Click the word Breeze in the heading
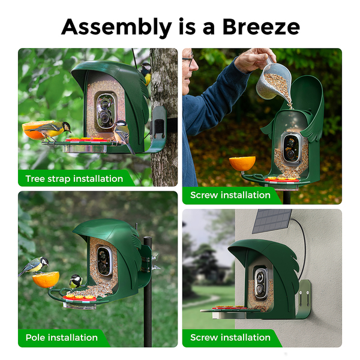(x=261, y=27)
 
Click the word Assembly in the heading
(x=116, y=28)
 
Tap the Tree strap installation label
(x=74, y=179)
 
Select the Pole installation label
(x=62, y=337)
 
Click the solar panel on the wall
(x=272, y=221)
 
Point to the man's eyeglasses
(x=188, y=59)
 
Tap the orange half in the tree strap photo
(x=37, y=130)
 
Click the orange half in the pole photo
(x=46, y=280)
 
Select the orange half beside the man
(x=242, y=163)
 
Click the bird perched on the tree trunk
(x=146, y=73)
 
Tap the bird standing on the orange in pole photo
(x=34, y=266)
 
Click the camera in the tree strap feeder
(x=106, y=111)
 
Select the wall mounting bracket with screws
(x=304, y=298)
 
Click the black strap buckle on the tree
(x=160, y=126)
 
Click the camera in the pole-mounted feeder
(x=104, y=261)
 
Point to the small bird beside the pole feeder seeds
(x=76, y=281)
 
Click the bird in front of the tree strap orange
(x=50, y=130)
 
